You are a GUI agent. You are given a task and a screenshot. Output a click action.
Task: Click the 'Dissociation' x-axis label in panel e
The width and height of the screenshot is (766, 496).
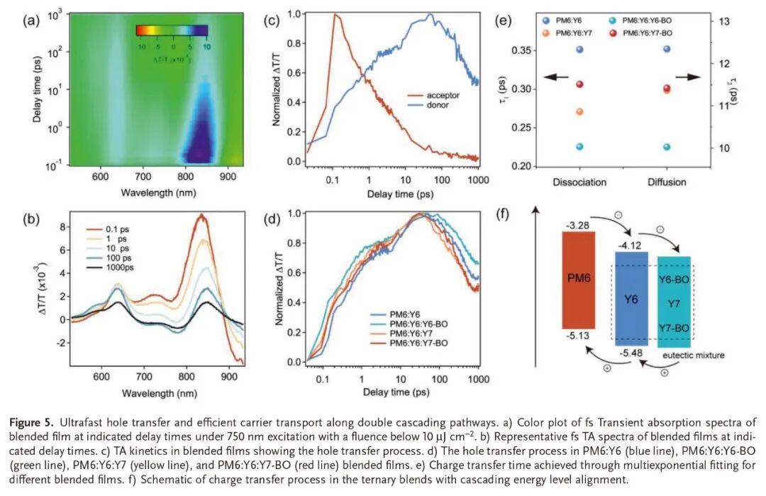pos(579,182)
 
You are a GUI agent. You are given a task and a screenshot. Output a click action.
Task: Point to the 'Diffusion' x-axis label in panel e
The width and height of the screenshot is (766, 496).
pos(666,182)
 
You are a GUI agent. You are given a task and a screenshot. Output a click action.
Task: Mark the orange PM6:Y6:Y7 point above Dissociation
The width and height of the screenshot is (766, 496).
pos(579,112)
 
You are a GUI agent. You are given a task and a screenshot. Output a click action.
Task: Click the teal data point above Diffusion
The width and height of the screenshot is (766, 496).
pos(666,147)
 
